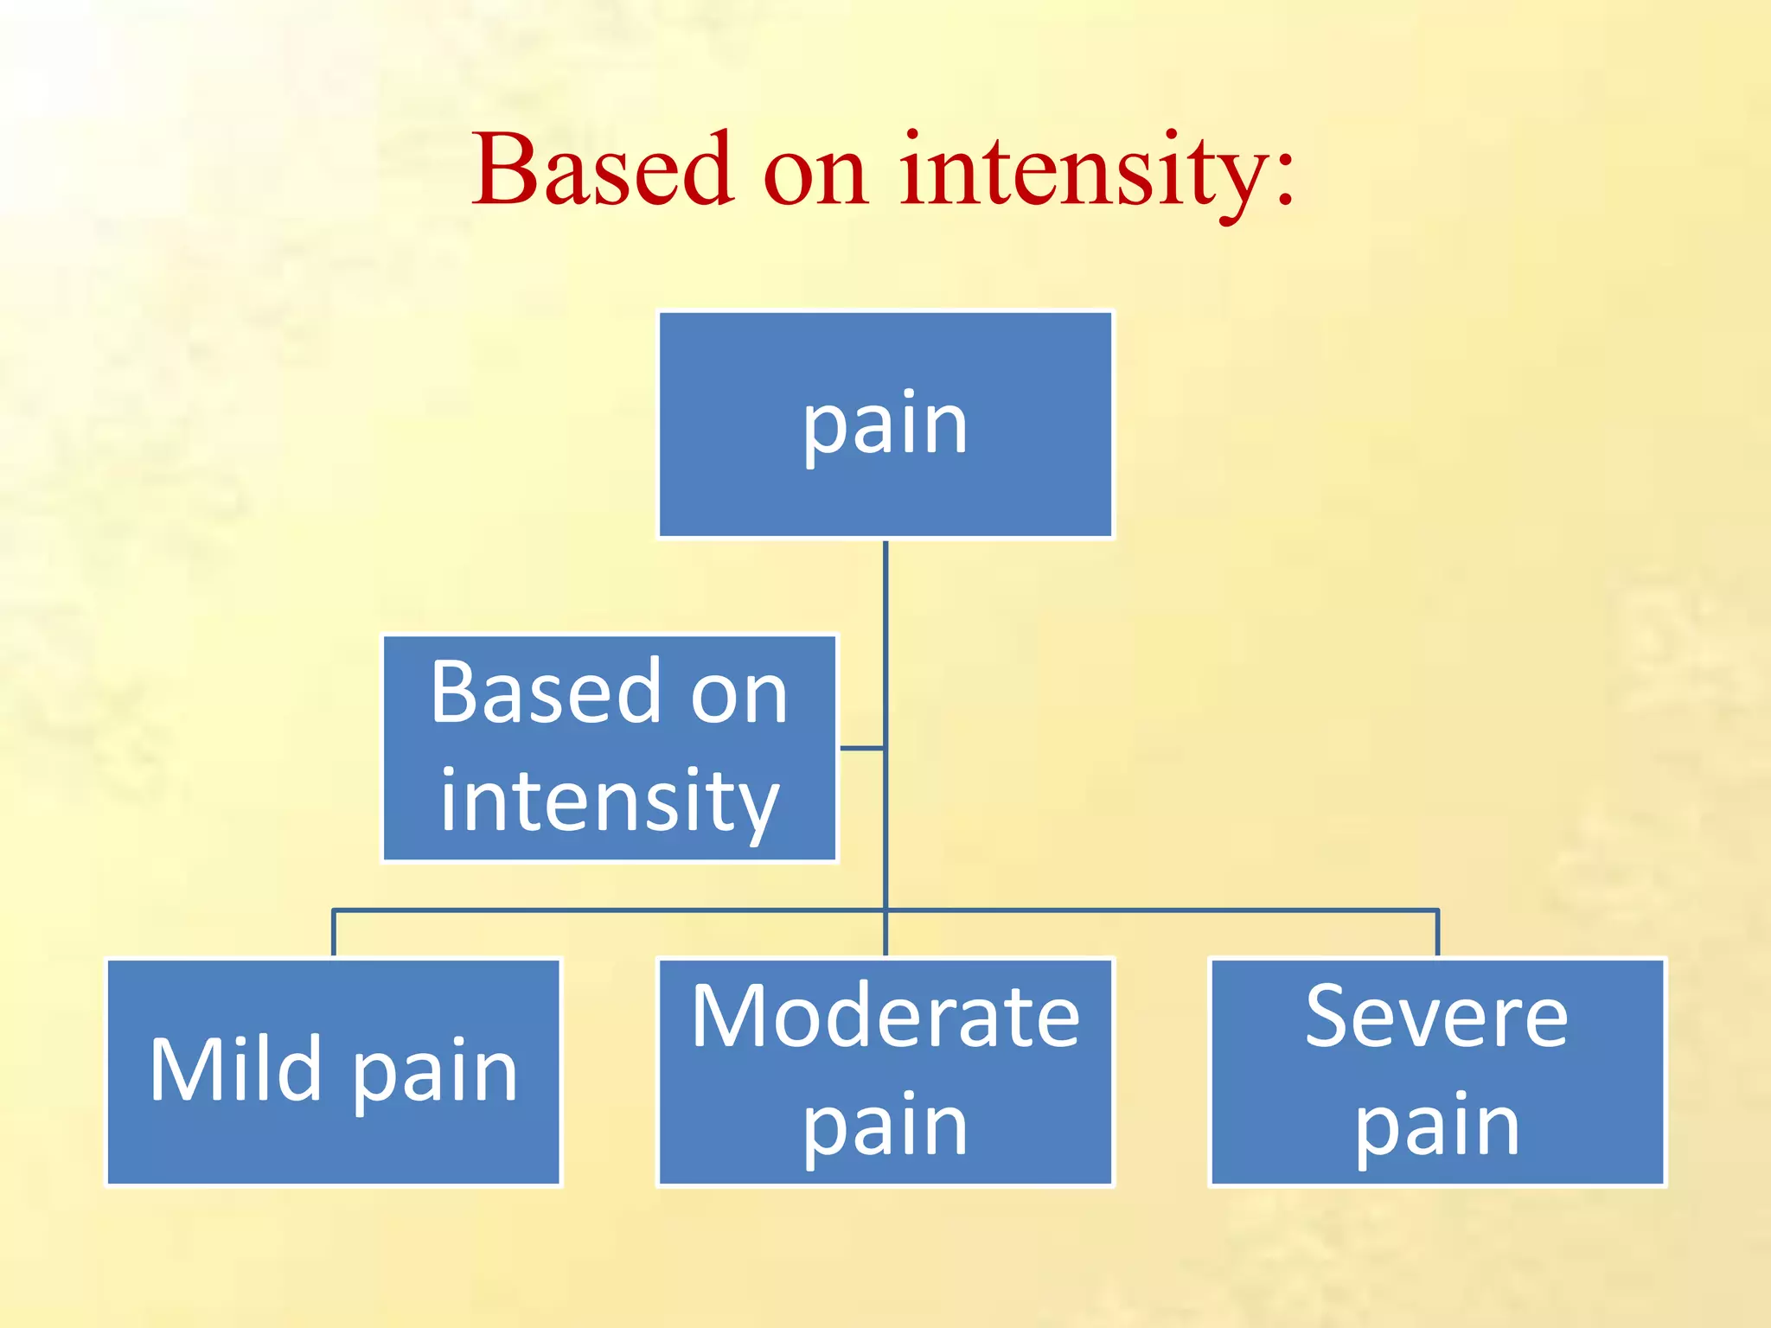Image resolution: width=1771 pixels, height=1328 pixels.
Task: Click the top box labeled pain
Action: point(885,425)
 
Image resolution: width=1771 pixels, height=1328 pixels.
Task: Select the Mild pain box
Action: point(334,1072)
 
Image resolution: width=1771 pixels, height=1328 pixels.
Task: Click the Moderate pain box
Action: point(885,1072)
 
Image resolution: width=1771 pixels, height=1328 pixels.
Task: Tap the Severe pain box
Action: point(1437,1072)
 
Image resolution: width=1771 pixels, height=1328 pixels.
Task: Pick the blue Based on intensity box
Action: point(610,748)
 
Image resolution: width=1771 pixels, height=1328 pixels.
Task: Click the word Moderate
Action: point(885,1018)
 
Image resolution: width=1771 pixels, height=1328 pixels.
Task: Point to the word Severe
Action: point(1436,1018)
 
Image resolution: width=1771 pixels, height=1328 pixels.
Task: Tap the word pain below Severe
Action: point(1436,1126)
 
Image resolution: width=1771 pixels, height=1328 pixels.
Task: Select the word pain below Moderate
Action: point(885,1126)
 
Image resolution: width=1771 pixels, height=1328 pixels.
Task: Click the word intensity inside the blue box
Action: point(610,801)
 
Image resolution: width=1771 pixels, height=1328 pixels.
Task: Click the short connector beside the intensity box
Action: point(861,748)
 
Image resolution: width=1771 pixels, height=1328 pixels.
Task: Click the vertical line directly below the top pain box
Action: point(885,622)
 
